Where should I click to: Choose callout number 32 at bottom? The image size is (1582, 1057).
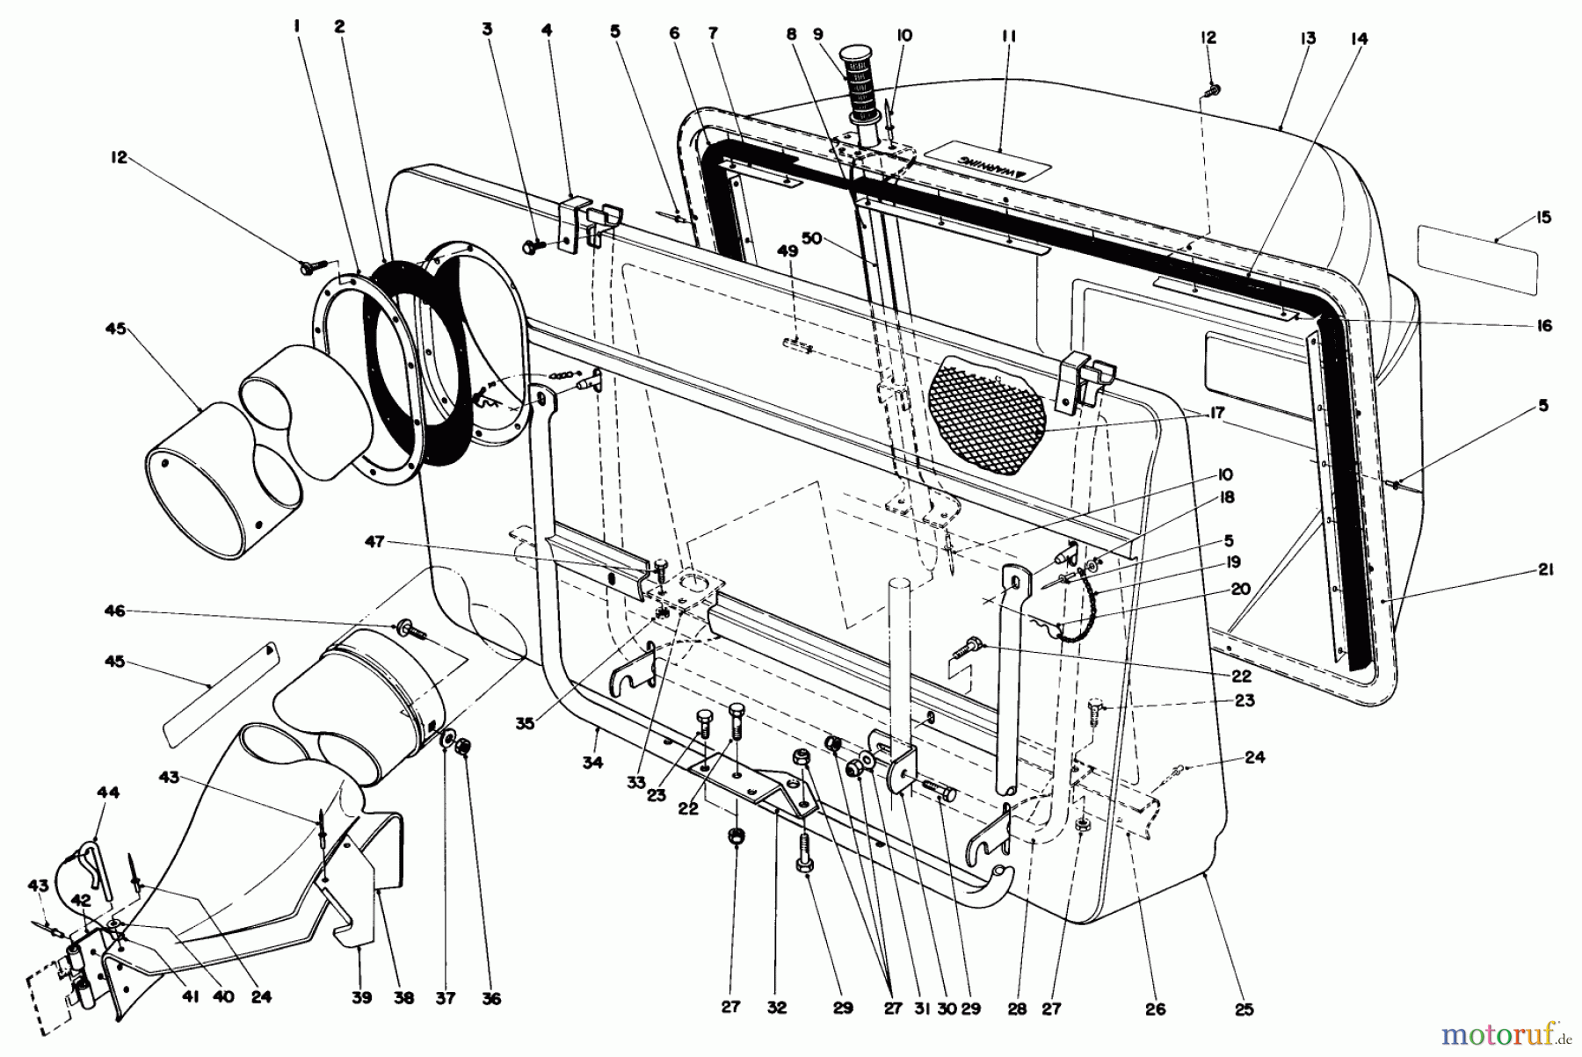[776, 1009]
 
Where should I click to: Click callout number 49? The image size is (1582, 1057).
[787, 251]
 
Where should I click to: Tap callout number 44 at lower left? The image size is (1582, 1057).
[108, 793]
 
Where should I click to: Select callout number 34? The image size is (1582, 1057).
[592, 762]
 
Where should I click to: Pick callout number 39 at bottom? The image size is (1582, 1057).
[362, 997]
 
